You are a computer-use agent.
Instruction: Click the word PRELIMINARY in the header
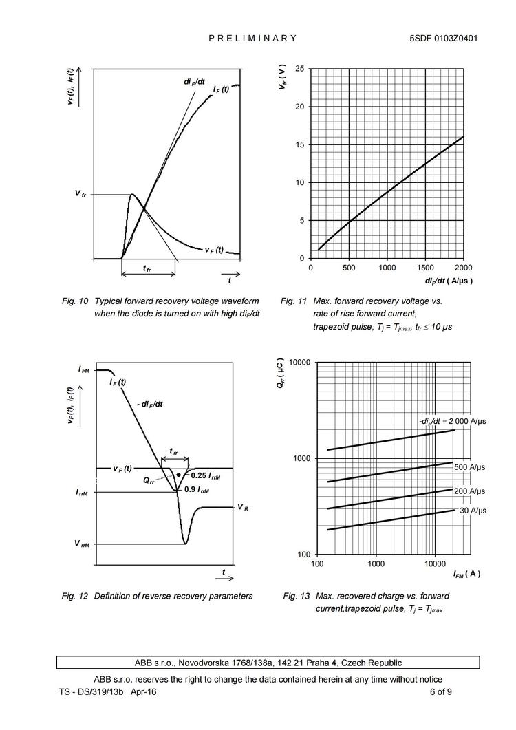point(252,39)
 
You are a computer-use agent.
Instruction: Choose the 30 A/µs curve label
point(473,511)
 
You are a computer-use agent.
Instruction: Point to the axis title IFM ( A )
point(466,574)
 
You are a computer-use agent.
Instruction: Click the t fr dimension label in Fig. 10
point(147,268)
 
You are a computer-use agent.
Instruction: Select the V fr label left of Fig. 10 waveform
point(80,195)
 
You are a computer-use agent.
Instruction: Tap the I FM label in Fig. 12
point(83,370)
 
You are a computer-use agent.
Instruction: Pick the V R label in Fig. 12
point(242,507)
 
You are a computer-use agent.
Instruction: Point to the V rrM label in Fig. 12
point(83,544)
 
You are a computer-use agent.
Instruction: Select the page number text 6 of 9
point(440,691)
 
